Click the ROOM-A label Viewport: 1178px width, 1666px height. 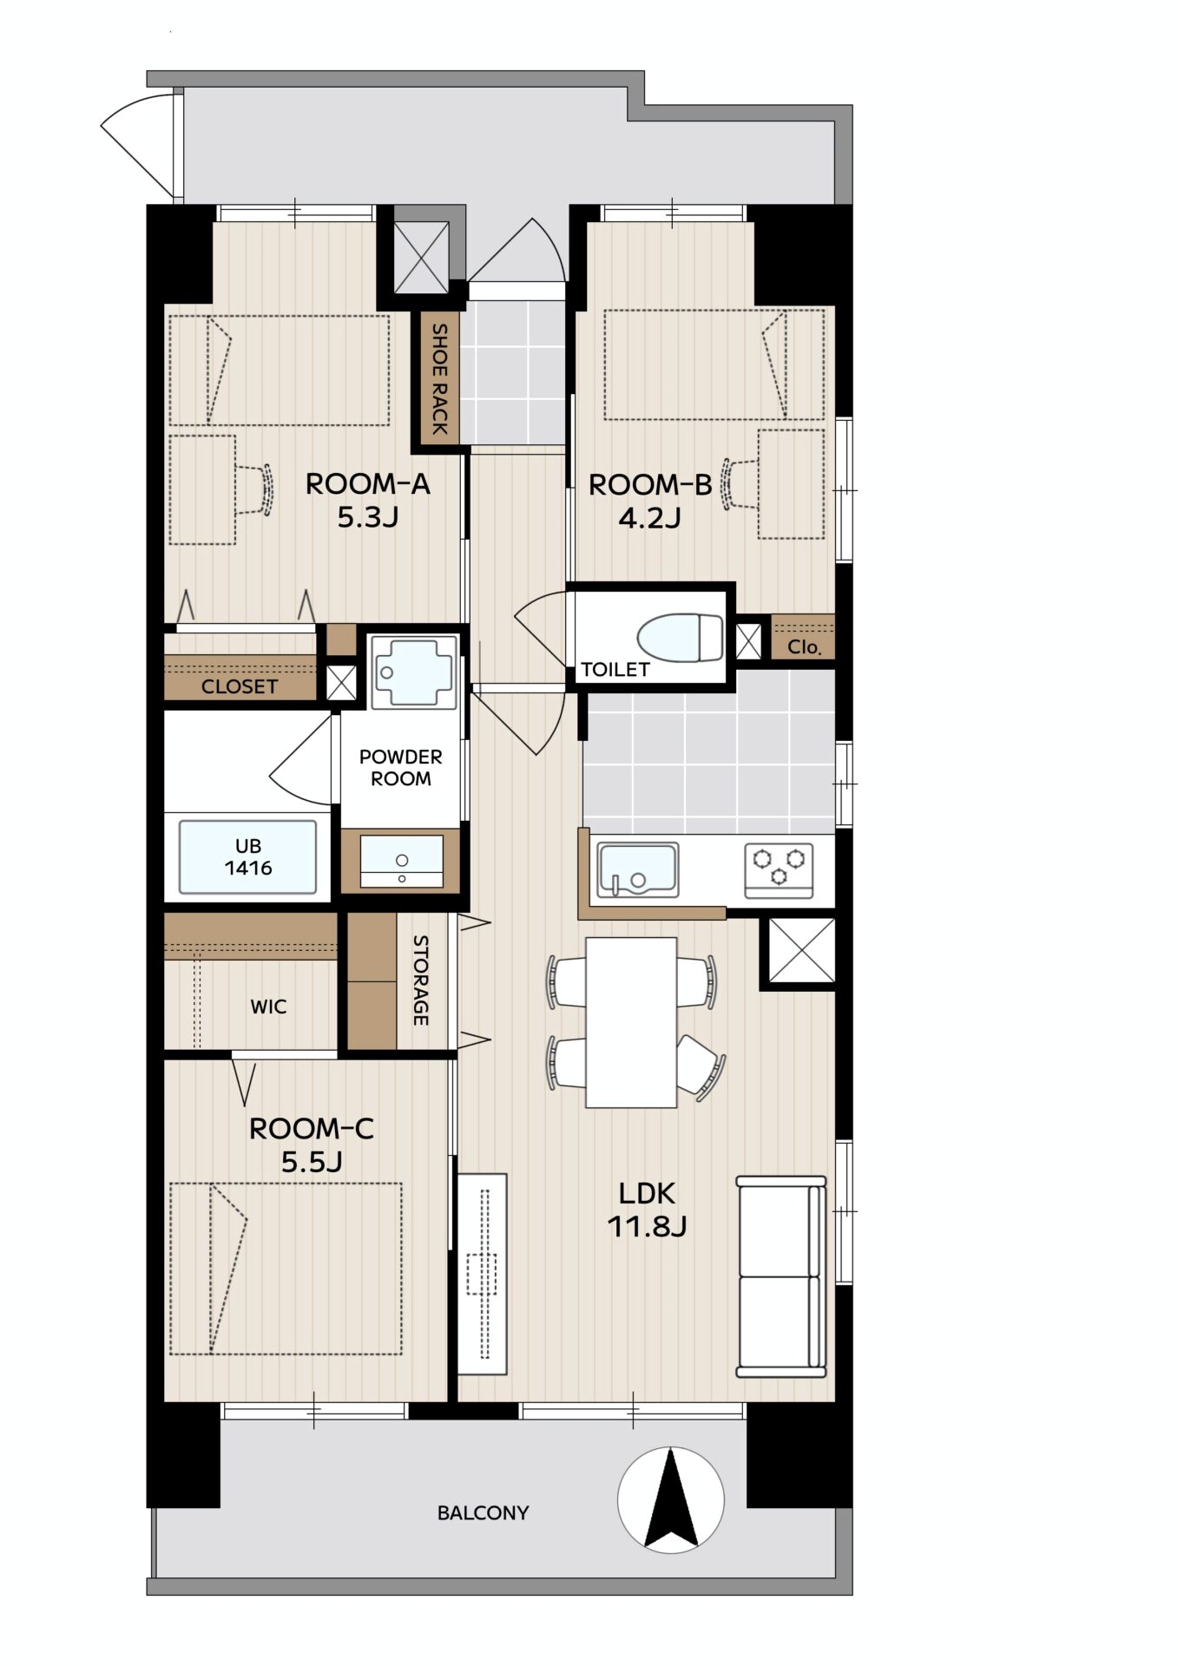[x=367, y=484]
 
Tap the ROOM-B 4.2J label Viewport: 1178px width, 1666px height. [x=650, y=501]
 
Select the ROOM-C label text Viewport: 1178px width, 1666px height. [x=311, y=1129]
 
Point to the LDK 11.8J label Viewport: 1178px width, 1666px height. [x=647, y=1210]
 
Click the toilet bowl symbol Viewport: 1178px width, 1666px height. [x=680, y=637]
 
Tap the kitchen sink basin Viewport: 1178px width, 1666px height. [x=637, y=869]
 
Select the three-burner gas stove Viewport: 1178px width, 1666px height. [x=779, y=869]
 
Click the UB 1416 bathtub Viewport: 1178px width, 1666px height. [x=247, y=856]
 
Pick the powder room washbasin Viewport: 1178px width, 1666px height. [x=401, y=861]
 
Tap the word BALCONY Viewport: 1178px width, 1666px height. [x=483, y=1513]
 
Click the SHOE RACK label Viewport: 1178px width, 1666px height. [x=440, y=378]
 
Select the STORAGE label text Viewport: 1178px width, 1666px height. [x=420, y=980]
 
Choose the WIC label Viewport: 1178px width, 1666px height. [x=268, y=1007]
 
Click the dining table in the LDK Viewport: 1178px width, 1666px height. [x=631, y=1022]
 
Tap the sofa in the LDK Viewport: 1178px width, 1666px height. [x=780, y=1276]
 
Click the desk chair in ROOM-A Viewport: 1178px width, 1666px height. [x=255, y=490]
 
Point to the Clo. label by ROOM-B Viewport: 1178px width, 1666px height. [x=805, y=647]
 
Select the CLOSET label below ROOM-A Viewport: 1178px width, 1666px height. [x=240, y=686]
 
